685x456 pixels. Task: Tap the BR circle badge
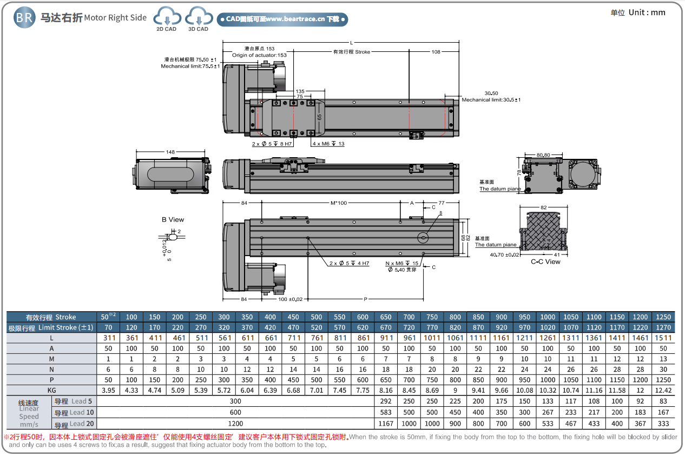(x=24, y=18)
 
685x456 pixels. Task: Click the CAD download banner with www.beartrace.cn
(x=282, y=19)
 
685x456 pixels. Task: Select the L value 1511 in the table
(x=663, y=338)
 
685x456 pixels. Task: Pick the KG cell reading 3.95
(x=108, y=390)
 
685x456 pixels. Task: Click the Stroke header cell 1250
(x=663, y=317)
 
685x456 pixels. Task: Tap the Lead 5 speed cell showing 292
(x=386, y=401)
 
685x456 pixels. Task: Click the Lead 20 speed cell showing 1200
(x=235, y=424)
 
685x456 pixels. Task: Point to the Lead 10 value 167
(x=663, y=413)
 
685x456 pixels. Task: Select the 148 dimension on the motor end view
(x=170, y=152)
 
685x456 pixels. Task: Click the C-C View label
(x=545, y=262)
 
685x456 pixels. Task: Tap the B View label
(x=173, y=219)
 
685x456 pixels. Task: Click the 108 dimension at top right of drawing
(x=436, y=52)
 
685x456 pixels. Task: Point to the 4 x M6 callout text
(x=328, y=144)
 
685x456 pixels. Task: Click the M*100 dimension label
(x=338, y=203)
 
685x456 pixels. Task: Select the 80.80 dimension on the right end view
(x=543, y=155)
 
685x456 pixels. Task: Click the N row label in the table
(x=51, y=369)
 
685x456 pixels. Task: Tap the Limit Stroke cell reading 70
(x=108, y=327)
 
